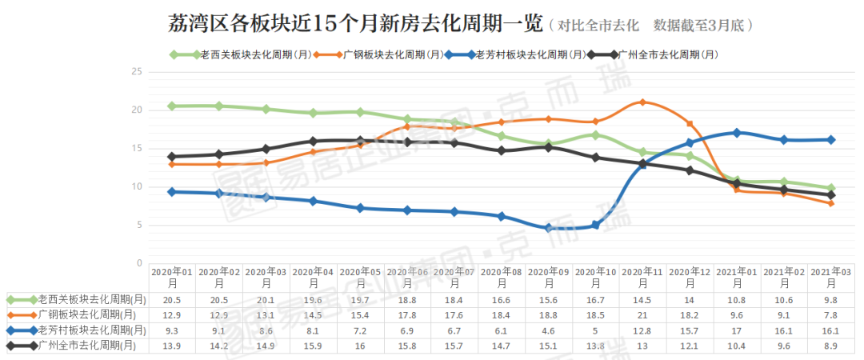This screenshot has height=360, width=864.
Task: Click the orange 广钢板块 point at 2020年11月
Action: click(642, 102)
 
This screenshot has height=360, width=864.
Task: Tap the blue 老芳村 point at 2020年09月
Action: click(548, 228)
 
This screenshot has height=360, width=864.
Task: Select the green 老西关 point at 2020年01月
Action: click(172, 106)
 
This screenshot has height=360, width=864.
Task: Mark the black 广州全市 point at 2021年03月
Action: click(830, 194)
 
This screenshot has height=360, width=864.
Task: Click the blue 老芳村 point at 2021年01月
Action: click(737, 133)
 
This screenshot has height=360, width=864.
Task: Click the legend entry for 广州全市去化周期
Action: click(653, 54)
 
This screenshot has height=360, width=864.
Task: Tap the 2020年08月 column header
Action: click(502, 277)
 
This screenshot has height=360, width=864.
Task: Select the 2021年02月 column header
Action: click(783, 277)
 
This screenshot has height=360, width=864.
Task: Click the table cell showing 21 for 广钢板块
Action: click(642, 315)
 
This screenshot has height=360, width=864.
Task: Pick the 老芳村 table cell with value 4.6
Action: click(548, 330)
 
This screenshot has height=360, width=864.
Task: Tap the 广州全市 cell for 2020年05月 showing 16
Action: click(360, 345)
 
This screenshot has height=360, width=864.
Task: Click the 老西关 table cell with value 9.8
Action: click(830, 300)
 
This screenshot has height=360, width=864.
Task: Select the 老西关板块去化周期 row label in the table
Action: click(80, 300)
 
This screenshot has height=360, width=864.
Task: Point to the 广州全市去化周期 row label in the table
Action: click(80, 345)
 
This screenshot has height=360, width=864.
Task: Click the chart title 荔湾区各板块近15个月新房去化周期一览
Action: click(355, 24)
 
